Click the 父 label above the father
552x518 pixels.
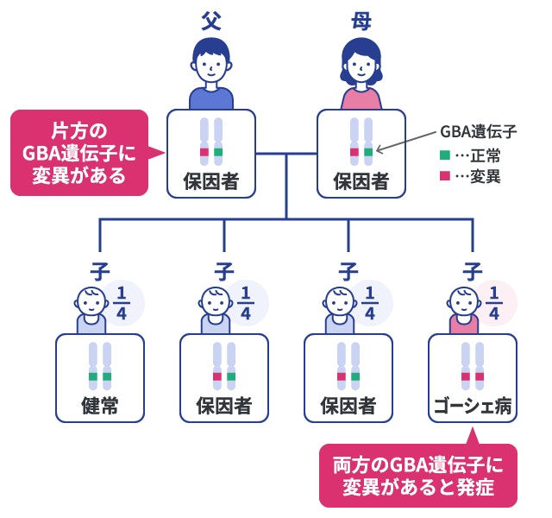[211, 22]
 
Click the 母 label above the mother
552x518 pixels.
[361, 22]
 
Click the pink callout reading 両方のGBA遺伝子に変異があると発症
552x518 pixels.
[417, 475]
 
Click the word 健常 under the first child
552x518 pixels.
[100, 405]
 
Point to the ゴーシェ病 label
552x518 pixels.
[473, 405]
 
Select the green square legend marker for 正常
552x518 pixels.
[444, 156]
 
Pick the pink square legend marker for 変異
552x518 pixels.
[444, 176]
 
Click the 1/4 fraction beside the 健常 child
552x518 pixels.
[122, 302]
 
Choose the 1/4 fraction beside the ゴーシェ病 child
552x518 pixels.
[494, 302]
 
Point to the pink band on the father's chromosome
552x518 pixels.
[204, 153]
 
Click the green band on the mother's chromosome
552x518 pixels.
[368, 153]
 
